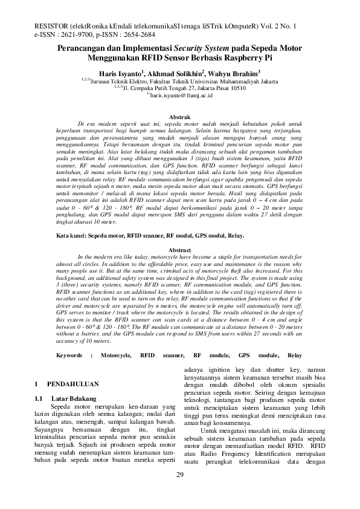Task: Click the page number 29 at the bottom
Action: tap(179, 491)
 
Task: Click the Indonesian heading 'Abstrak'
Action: tap(179, 115)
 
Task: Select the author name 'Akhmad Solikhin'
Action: tap(176, 72)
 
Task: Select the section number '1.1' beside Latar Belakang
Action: tap(39, 399)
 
